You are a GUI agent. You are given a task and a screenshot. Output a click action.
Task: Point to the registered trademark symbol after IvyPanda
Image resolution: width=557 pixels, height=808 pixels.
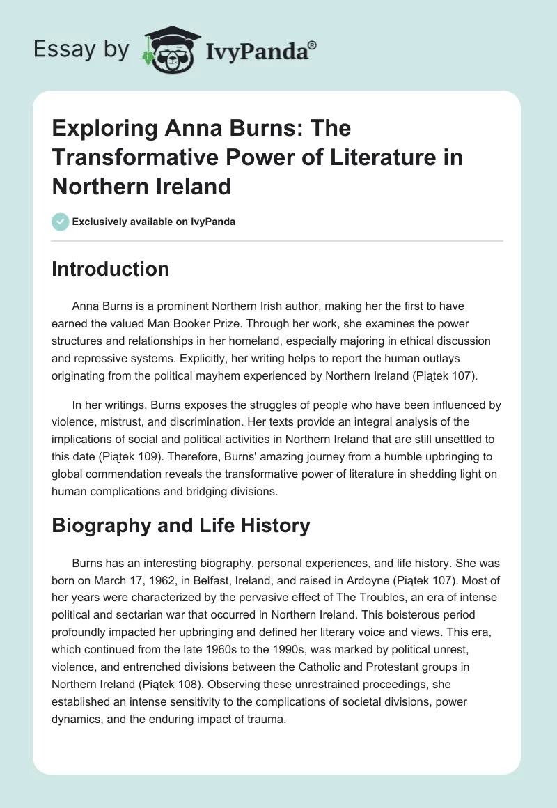click(x=313, y=45)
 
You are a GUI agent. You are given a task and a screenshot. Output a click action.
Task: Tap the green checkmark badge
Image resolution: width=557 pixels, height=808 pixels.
click(x=60, y=222)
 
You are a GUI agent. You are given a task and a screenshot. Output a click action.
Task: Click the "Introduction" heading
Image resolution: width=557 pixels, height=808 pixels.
click(x=110, y=269)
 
